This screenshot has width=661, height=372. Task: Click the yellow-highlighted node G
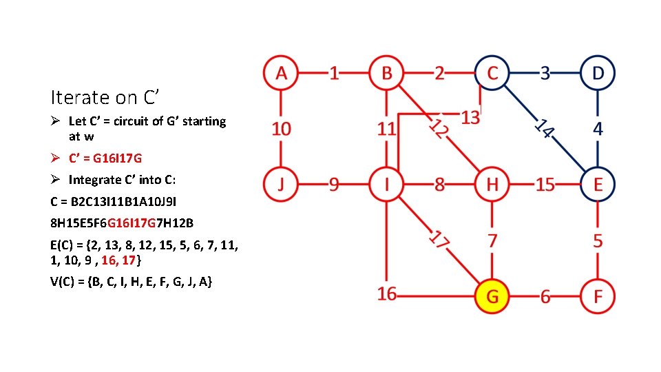click(x=492, y=296)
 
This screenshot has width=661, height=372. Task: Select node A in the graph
click(x=280, y=72)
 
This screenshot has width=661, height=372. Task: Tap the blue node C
click(x=492, y=72)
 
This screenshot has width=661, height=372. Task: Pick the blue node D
click(x=597, y=72)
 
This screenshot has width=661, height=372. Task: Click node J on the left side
click(x=280, y=184)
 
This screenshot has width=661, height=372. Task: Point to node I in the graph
click(x=386, y=184)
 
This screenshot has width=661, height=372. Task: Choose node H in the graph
click(x=492, y=184)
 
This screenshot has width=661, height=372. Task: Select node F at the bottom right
click(x=597, y=296)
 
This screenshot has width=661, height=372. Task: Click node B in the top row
click(x=386, y=72)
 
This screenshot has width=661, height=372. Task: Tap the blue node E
click(x=597, y=184)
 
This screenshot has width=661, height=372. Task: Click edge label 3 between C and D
click(x=545, y=72)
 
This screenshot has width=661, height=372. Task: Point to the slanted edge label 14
click(x=545, y=127)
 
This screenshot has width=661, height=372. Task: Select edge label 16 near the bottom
click(x=387, y=294)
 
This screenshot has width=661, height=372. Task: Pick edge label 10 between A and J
click(x=281, y=128)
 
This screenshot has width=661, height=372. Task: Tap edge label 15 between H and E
click(x=545, y=185)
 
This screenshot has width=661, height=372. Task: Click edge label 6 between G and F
click(x=545, y=296)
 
